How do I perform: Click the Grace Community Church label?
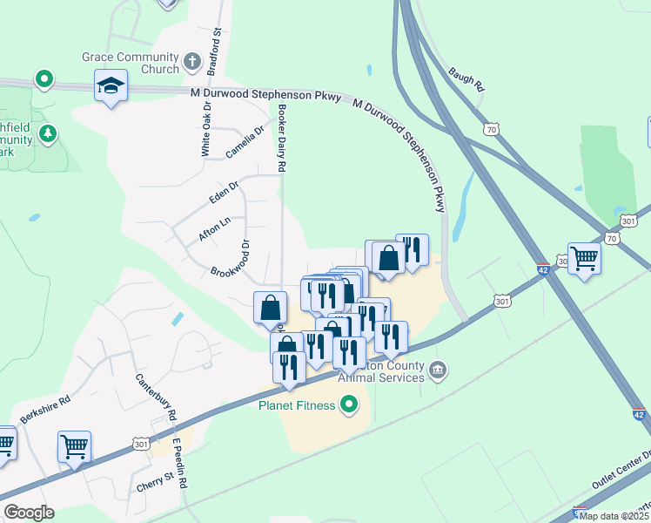pos(131,63)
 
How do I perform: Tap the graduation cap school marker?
pos(111,86)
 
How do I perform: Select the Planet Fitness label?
pos(298,405)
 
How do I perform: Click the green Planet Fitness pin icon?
pos(349,404)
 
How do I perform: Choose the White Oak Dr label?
pos(206,132)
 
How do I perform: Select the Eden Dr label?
pos(224,192)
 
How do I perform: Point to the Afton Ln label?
pos(214,228)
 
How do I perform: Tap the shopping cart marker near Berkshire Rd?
pos(74,447)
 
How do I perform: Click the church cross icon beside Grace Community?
pos(192,63)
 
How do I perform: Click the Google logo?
pos(29,513)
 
